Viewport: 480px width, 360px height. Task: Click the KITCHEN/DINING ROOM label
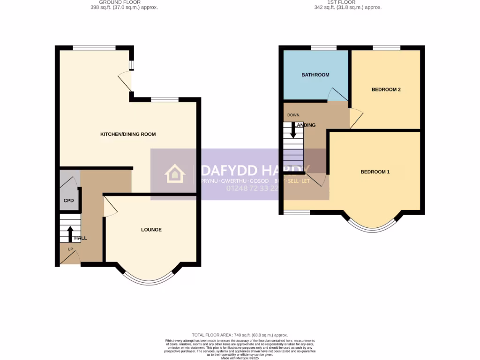pyautogui.click(x=128, y=135)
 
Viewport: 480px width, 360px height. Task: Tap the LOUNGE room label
pyautogui.click(x=151, y=230)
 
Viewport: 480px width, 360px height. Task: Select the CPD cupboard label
pyautogui.click(x=68, y=201)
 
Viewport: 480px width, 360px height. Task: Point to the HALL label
pyautogui.click(x=81, y=238)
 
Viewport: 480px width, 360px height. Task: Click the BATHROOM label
pyautogui.click(x=315, y=75)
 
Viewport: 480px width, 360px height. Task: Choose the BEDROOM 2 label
pyautogui.click(x=386, y=90)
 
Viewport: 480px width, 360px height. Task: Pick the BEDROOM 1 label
pyautogui.click(x=375, y=172)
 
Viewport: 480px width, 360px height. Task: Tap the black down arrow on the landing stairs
pyautogui.click(x=293, y=130)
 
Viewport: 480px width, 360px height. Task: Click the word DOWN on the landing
pyautogui.click(x=293, y=115)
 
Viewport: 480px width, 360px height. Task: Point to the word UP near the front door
pyautogui.click(x=70, y=249)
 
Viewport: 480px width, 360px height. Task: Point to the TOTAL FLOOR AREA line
pyautogui.click(x=240, y=335)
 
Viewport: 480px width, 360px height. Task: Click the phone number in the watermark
pyautogui.click(x=253, y=188)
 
